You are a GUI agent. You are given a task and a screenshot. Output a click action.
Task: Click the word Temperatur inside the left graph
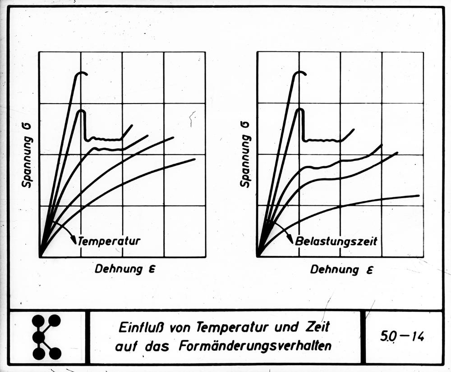109,241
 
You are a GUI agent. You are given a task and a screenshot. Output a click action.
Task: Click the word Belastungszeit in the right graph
336,241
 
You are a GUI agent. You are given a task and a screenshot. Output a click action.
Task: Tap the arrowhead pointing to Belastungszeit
290,241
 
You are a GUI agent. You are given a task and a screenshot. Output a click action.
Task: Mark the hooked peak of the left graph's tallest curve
82,73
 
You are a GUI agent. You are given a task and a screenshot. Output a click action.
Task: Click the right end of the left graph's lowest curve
194,159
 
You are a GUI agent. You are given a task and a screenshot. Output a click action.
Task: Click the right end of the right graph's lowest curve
419,195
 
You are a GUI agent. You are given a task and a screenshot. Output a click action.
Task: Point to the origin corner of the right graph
258,256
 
